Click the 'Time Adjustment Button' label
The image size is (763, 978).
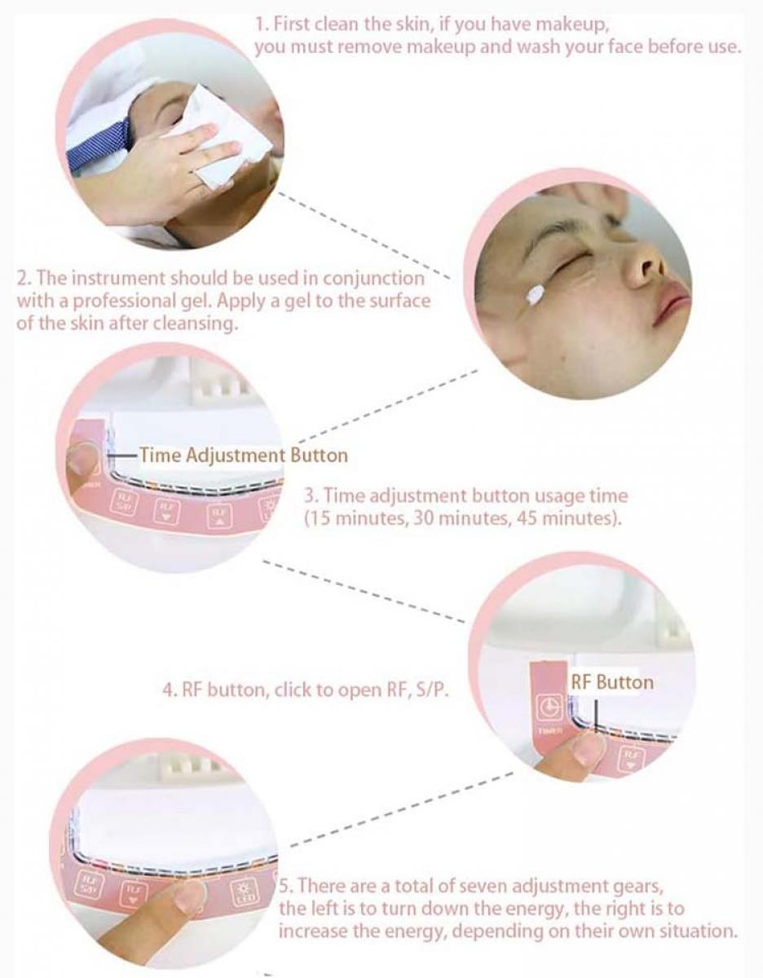pyautogui.click(x=243, y=455)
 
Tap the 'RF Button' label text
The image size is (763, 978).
pyautogui.click(x=611, y=681)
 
